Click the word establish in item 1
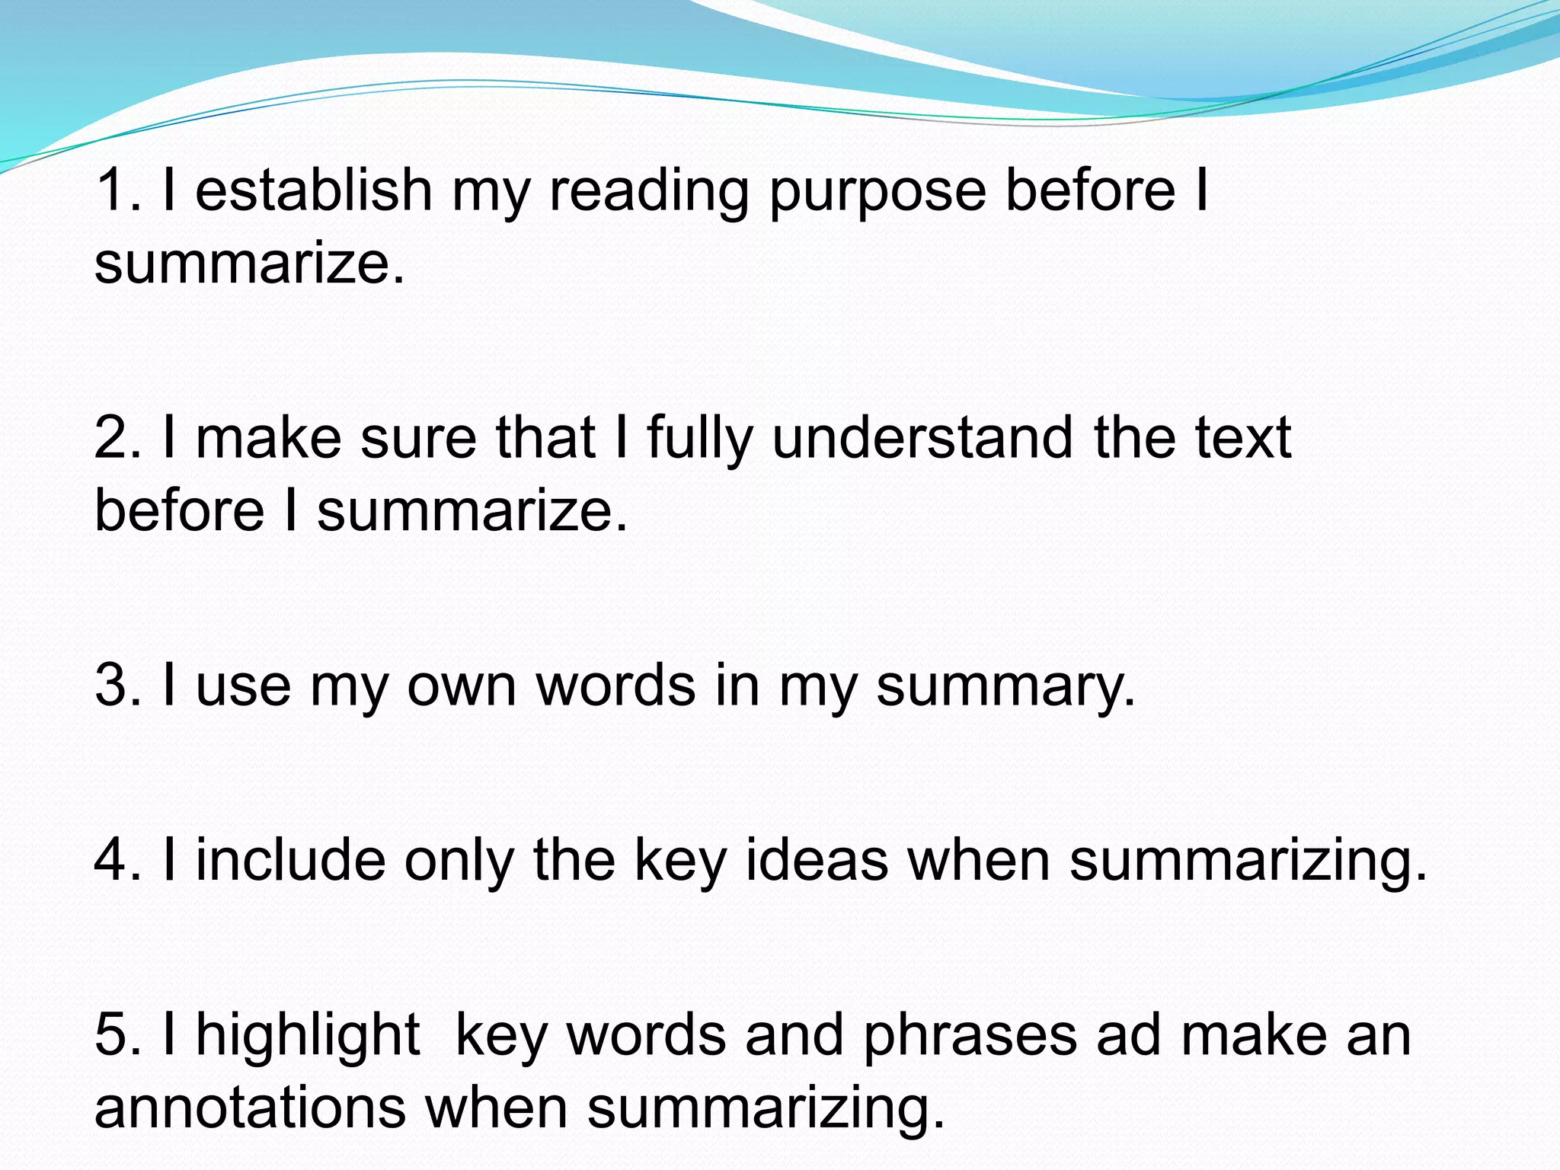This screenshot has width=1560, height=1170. click(314, 190)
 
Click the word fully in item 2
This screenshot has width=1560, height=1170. click(699, 440)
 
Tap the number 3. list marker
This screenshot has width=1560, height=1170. click(118, 686)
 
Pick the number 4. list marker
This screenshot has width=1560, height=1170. click(118, 861)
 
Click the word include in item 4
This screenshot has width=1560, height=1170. click(291, 861)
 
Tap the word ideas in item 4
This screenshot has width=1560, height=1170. click(817, 861)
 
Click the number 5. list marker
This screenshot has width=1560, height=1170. click(118, 1036)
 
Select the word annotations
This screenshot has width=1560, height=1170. click(250, 1108)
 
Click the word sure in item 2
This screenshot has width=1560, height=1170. click(418, 440)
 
